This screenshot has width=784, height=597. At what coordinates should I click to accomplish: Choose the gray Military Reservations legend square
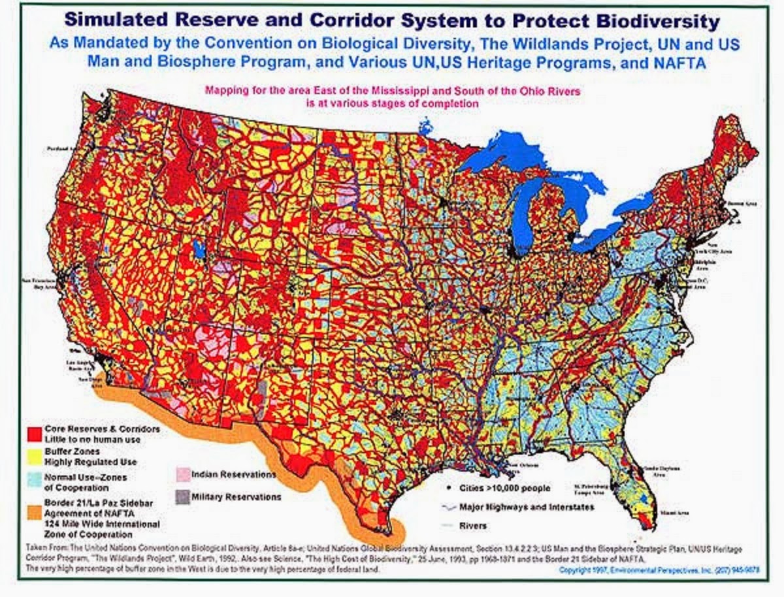(182, 496)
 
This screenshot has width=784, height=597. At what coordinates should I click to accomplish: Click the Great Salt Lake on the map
(199, 250)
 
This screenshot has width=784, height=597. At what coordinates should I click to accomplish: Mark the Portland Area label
(57, 149)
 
